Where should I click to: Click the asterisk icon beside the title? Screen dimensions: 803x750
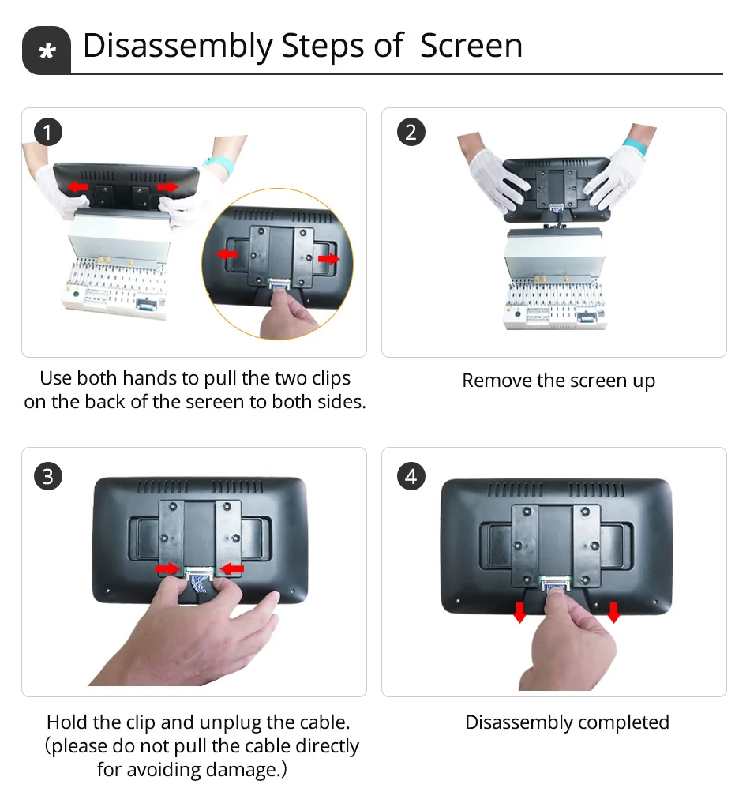click(47, 51)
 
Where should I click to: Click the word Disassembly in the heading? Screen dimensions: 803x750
click(177, 46)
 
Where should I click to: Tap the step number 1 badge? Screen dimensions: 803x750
click(48, 132)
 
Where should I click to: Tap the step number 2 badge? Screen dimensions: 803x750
click(410, 132)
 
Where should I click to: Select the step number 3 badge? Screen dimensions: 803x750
click(48, 476)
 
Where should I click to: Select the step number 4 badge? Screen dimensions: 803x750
click(410, 476)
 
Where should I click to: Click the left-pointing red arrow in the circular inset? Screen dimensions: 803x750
click(227, 254)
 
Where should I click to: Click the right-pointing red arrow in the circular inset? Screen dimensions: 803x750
click(328, 258)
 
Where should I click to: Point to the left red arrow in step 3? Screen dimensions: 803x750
click(167, 568)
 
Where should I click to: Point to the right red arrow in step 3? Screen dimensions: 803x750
click(232, 568)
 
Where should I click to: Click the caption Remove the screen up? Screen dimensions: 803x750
click(558, 381)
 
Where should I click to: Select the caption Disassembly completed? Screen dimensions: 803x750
click(567, 722)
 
